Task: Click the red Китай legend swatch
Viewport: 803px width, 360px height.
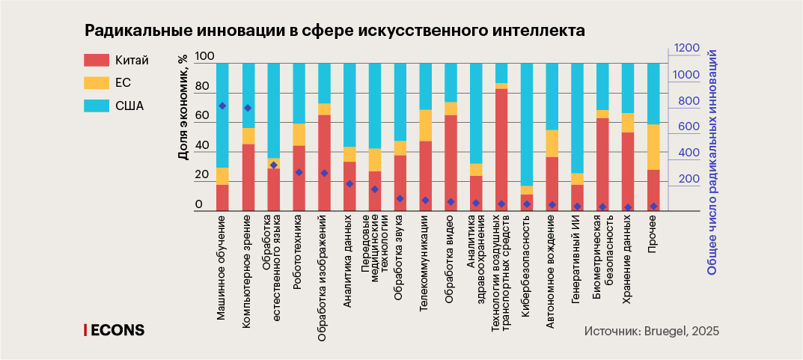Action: tap(97, 59)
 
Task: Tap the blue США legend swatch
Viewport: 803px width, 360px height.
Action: tap(97, 106)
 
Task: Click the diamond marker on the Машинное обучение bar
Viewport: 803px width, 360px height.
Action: tap(222, 106)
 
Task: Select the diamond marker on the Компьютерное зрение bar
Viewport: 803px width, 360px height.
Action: tap(248, 108)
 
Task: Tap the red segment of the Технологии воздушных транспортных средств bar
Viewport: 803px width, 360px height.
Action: tap(501, 150)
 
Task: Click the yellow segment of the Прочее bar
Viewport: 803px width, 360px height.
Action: tap(653, 147)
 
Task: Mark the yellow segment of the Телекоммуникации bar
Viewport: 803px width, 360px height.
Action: tap(425, 125)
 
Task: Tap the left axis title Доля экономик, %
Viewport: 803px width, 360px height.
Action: tap(183, 106)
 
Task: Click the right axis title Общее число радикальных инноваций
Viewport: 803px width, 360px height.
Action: tap(712, 162)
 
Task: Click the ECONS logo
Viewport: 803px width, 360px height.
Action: tap(114, 330)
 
